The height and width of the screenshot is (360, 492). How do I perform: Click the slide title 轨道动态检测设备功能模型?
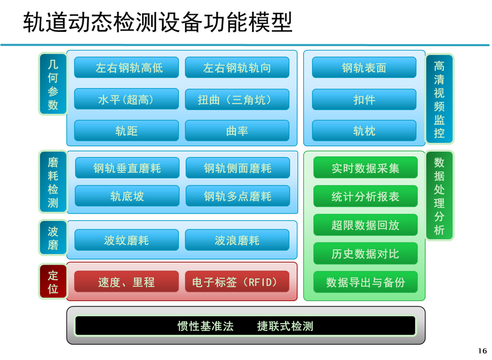158,22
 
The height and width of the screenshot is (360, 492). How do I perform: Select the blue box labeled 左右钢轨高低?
127,67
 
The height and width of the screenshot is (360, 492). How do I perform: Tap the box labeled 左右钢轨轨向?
237,67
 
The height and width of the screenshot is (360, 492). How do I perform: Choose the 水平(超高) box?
127,99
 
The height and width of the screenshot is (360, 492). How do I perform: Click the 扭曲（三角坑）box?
237,99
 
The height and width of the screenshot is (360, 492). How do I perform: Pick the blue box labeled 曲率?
237,130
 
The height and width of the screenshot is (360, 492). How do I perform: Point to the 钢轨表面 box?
364,67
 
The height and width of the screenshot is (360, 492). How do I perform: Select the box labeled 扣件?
364,99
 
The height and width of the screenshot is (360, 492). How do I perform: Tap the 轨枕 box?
364,130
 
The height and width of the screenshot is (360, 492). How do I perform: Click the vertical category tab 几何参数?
53,84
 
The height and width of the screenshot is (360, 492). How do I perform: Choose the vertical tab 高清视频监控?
439,99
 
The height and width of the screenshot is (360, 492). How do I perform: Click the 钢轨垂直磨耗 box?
127,168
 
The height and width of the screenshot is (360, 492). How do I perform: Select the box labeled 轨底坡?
127,196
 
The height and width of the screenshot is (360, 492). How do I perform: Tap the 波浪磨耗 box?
237,240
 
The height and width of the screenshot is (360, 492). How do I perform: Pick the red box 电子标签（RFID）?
237,281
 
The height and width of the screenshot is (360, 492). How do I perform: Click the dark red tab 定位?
53,281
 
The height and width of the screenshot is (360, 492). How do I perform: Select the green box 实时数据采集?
365,168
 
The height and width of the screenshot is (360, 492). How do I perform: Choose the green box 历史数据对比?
365,254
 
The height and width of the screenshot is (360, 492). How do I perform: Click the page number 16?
483,351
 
